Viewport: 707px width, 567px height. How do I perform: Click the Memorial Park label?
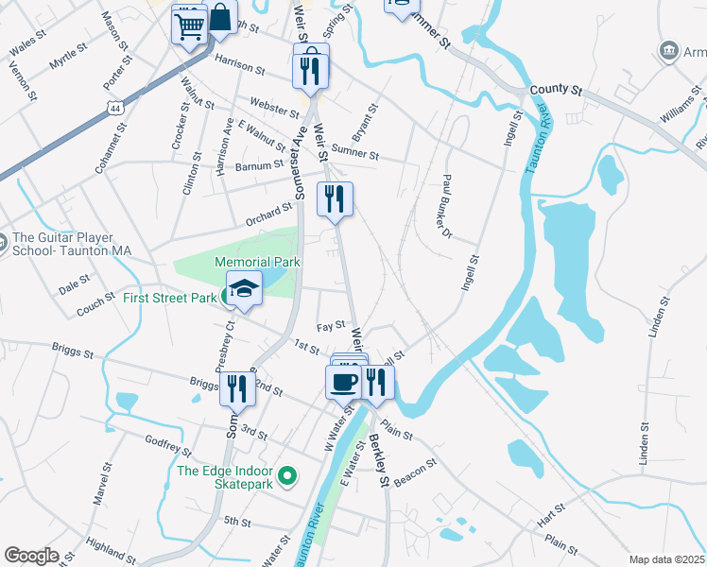257,261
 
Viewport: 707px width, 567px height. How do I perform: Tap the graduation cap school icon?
245,288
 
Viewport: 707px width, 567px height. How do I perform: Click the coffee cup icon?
342,382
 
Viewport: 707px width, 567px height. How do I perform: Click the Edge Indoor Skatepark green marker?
290,476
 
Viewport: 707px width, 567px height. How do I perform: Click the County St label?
555,89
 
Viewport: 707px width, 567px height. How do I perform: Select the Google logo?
31,556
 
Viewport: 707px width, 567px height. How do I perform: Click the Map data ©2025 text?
666,559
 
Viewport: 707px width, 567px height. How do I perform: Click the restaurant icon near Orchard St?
335,199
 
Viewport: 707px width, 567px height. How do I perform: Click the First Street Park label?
169,298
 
